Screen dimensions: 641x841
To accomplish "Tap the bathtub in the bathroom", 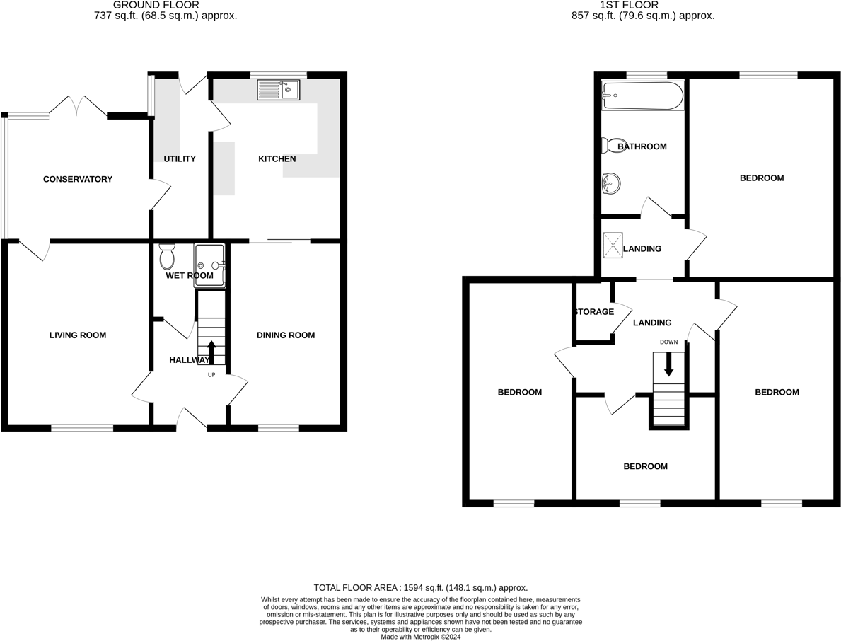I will pos(642,96).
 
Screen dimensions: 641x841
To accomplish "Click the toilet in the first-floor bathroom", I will pos(609,145).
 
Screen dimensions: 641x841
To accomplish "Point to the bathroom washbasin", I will pos(611,185).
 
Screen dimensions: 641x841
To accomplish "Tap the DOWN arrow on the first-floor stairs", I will pos(668,364).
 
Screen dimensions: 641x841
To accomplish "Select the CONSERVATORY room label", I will pos(78,180).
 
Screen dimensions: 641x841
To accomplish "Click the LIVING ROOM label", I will pos(78,335).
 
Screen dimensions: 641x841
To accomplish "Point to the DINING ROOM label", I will pos(286,335).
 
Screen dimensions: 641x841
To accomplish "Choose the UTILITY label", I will pos(180,159).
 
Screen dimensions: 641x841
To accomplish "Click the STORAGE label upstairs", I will pos(594,312).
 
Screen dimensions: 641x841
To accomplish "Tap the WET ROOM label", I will pos(190,276).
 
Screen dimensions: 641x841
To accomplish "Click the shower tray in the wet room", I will pos(210,265).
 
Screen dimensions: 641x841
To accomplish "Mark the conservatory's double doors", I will pos(78,105).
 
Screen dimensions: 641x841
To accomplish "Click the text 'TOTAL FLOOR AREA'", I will pos(356,588).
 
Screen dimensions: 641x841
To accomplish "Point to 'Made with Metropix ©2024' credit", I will pos(421,637).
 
